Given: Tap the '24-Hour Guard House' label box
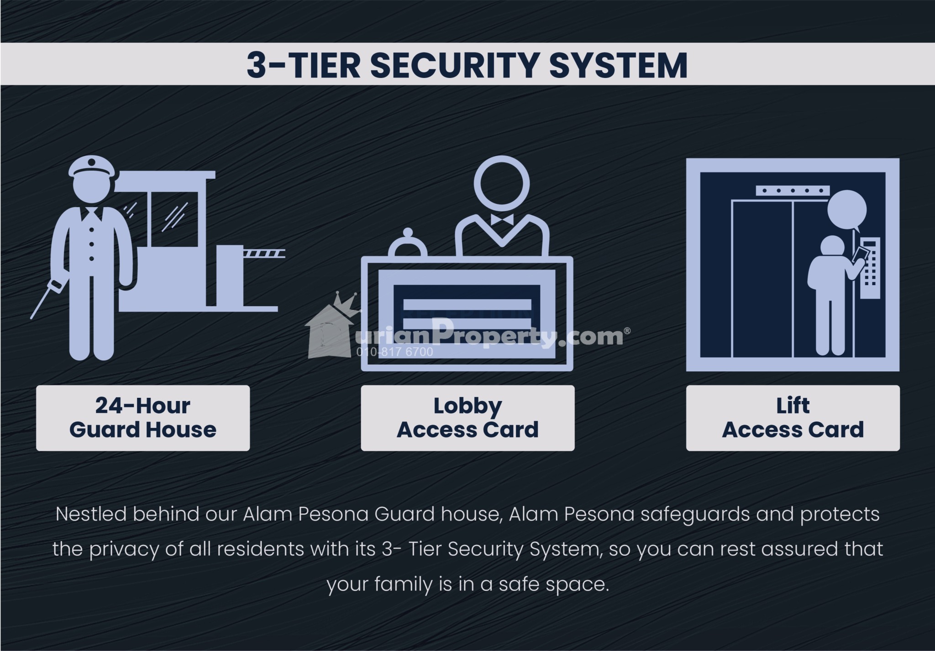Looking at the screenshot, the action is pyautogui.click(x=143, y=418).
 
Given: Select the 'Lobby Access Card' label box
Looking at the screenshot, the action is pyautogui.click(x=467, y=418).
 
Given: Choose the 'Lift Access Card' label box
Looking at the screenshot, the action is pyautogui.click(x=793, y=418).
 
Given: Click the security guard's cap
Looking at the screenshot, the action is pyautogui.click(x=91, y=166).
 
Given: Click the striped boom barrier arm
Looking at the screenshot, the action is pyautogui.click(x=264, y=253).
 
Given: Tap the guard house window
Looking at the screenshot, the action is pyautogui.click(x=174, y=219).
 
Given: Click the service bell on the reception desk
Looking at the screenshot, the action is pyautogui.click(x=408, y=244).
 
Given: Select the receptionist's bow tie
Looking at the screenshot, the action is pyautogui.click(x=501, y=219).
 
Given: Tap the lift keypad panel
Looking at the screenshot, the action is pyautogui.click(x=869, y=268).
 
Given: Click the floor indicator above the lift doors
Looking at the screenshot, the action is pyautogui.click(x=792, y=191).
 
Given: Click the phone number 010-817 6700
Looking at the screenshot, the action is pyautogui.click(x=394, y=352).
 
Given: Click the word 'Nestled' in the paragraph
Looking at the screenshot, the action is pyautogui.click(x=91, y=514).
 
